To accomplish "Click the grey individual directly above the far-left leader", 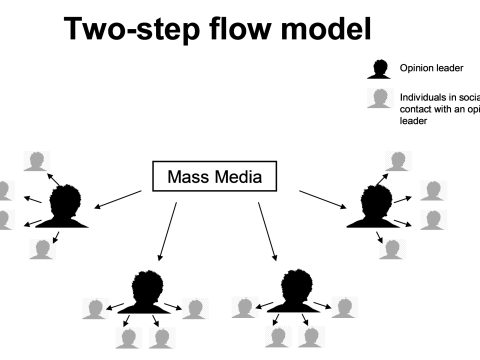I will click(x=38, y=160).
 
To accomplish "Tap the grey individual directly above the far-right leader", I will click(x=398, y=160).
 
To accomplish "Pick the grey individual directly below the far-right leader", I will click(x=392, y=249).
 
